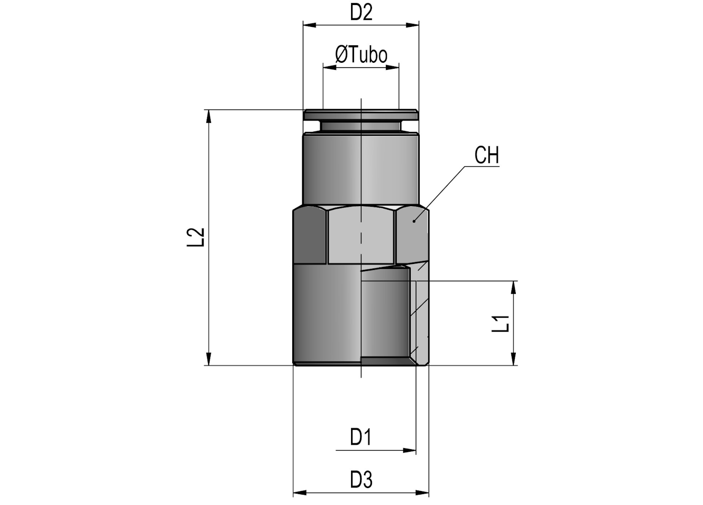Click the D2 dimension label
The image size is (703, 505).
[361, 13]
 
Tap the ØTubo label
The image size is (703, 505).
[361, 54]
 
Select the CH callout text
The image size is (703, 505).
[486, 155]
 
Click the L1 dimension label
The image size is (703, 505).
[500, 324]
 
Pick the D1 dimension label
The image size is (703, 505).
[361, 437]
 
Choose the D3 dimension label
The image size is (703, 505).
[361, 480]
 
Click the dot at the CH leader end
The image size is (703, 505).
[414, 221]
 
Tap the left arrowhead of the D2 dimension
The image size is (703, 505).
[310, 25]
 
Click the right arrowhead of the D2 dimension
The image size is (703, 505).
[412, 25]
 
